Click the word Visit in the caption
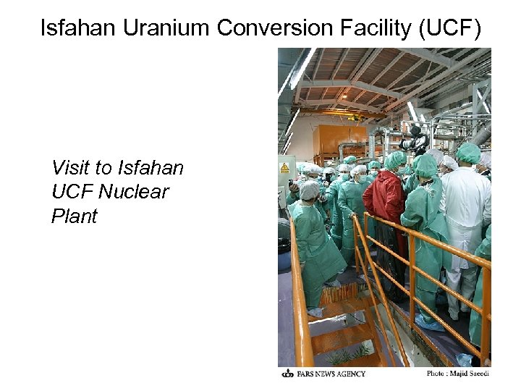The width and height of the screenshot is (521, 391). (72, 169)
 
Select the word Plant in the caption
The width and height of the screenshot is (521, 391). (74, 216)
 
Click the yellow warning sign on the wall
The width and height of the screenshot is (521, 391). (284, 168)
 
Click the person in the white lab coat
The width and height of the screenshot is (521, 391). (463, 210)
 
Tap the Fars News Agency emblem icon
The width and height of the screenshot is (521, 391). (287, 374)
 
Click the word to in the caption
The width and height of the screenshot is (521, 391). (106, 169)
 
